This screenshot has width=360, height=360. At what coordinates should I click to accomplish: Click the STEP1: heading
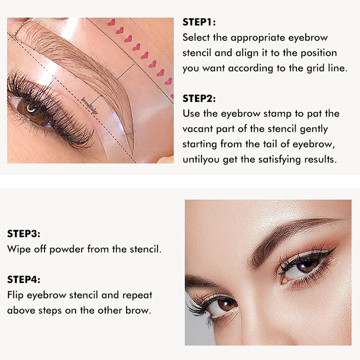(199, 22)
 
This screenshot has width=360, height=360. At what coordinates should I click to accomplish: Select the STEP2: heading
(199, 99)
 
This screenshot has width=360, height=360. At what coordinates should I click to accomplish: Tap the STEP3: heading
(24, 234)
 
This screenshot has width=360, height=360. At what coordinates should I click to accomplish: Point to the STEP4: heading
(24, 279)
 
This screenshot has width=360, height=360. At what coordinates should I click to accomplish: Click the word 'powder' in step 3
(67, 249)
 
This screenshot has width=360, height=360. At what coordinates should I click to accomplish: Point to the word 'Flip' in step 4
(15, 295)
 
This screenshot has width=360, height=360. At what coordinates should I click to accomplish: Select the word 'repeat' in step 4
(137, 296)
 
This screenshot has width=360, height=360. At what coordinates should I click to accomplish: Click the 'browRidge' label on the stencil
(90, 106)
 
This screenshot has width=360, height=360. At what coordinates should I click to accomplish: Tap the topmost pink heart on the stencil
(111, 22)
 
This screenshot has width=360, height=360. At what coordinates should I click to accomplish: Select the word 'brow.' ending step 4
(139, 310)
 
